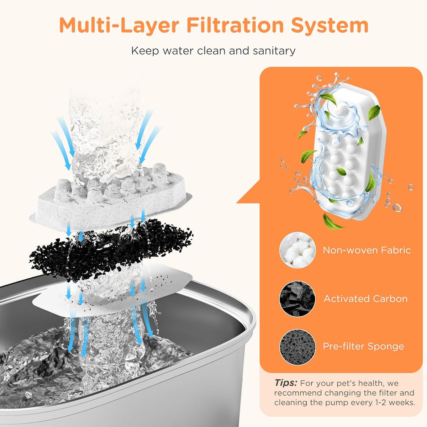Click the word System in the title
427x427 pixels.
point(330,25)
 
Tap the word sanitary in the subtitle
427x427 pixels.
point(274,51)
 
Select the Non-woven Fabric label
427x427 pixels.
point(367,250)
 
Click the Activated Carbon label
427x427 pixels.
point(365,299)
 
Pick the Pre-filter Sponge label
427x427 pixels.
point(363,346)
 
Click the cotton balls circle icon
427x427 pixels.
point(297,250)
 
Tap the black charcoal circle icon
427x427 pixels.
point(297,299)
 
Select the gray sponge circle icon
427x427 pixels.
point(297,347)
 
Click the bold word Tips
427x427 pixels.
point(285,383)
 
